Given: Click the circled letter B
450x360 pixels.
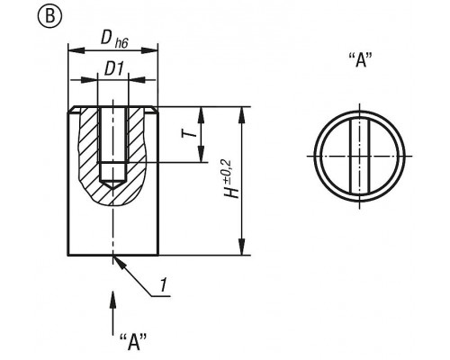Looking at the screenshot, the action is (49, 16).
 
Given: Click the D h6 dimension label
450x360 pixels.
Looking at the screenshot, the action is (114, 39).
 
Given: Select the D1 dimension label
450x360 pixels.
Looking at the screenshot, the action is (114, 68).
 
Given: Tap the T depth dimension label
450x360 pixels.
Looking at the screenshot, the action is (190, 132).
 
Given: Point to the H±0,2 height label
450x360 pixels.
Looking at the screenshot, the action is (231, 179).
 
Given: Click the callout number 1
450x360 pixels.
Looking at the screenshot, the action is (163, 285).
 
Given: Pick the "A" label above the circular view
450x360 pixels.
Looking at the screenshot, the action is (361, 59).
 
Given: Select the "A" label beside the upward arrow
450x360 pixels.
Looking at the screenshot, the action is (133, 342).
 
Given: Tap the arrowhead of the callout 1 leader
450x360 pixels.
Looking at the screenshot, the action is (119, 262).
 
